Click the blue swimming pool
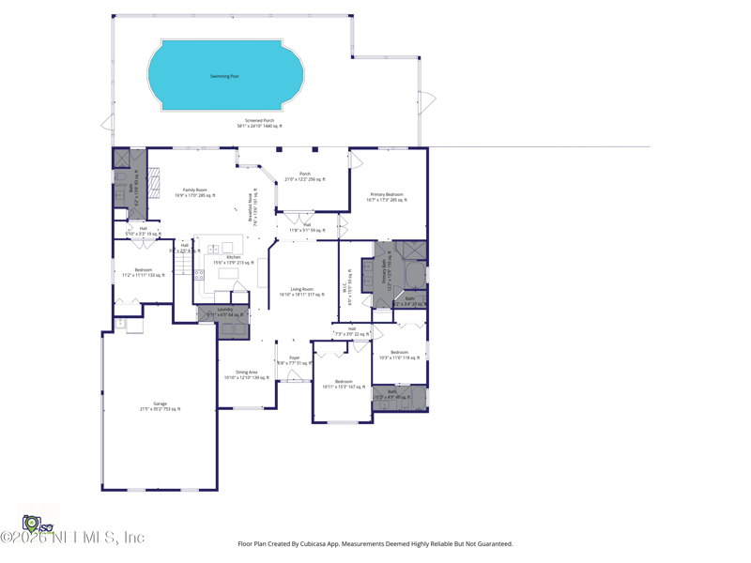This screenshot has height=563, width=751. coord(225,75)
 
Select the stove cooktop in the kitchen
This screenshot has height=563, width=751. coord(199,275)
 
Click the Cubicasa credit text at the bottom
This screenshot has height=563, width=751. coord(375,543)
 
